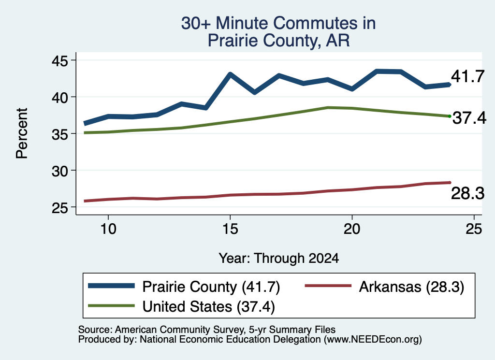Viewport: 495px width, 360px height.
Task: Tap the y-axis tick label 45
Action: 60,60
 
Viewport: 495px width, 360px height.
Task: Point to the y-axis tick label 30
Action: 60,171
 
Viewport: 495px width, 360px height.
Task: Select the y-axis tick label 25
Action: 60,208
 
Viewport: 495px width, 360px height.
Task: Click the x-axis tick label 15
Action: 230,229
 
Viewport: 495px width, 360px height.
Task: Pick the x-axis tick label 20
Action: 352,229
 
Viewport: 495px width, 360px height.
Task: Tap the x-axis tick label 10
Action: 108,229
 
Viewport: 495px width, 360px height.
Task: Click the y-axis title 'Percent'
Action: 22,133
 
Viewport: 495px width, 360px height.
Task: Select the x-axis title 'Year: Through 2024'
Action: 279,259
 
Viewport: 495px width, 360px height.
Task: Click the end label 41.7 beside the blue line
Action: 467,76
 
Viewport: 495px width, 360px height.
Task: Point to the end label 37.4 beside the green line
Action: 469,118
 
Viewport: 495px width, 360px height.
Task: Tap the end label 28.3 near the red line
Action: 467,193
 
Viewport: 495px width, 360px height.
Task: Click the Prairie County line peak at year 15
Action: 230,74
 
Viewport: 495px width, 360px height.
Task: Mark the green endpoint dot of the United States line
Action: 450,116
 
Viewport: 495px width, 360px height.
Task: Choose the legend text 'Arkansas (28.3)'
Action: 411,287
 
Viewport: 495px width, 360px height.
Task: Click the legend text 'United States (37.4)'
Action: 209,307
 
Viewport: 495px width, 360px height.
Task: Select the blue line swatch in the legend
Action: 111,286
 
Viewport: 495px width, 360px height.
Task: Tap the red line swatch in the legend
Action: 328,286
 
